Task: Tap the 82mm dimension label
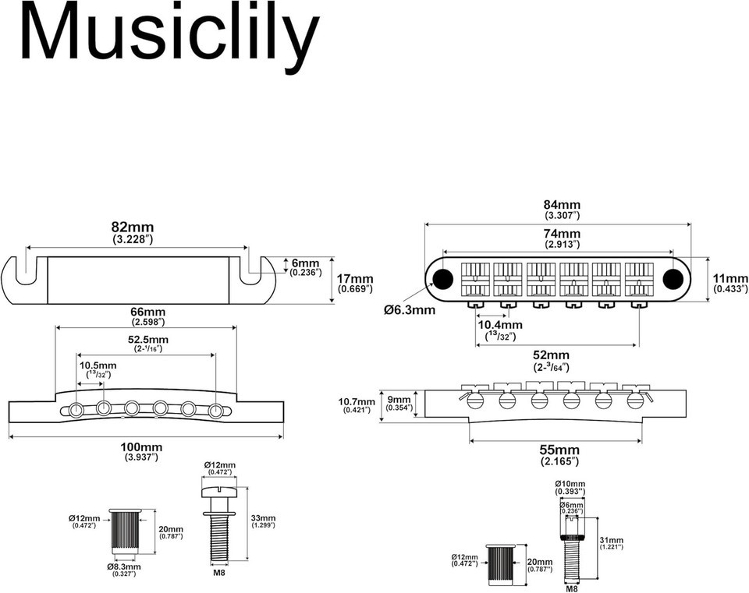point(133,227)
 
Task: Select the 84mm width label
point(563,205)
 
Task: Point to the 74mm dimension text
point(563,234)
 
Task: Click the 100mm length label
point(141,447)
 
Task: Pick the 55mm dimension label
point(559,450)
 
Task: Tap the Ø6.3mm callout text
point(410,310)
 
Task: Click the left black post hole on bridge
point(442,277)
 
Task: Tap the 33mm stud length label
point(263,518)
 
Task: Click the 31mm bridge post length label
point(611,540)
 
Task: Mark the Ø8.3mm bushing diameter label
point(124,567)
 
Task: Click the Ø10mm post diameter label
point(570,484)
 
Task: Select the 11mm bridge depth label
point(730,279)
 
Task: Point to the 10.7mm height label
point(357,401)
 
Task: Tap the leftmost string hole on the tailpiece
point(76,409)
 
